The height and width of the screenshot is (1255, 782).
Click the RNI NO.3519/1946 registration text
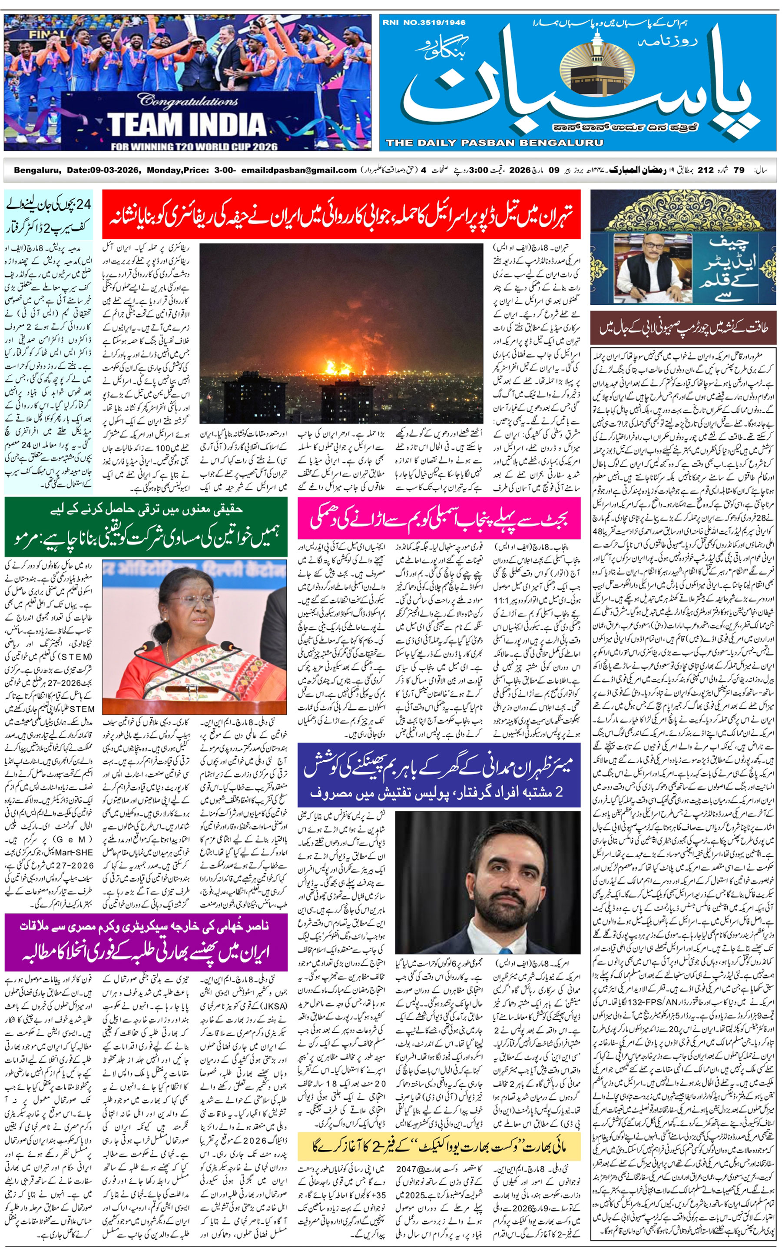424,22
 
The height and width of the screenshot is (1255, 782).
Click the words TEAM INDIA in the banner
186,125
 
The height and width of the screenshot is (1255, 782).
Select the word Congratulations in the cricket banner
187,100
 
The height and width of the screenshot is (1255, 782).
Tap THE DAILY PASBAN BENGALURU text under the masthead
494,143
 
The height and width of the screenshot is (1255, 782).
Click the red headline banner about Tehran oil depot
341,214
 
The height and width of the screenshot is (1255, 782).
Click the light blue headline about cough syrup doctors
49,214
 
